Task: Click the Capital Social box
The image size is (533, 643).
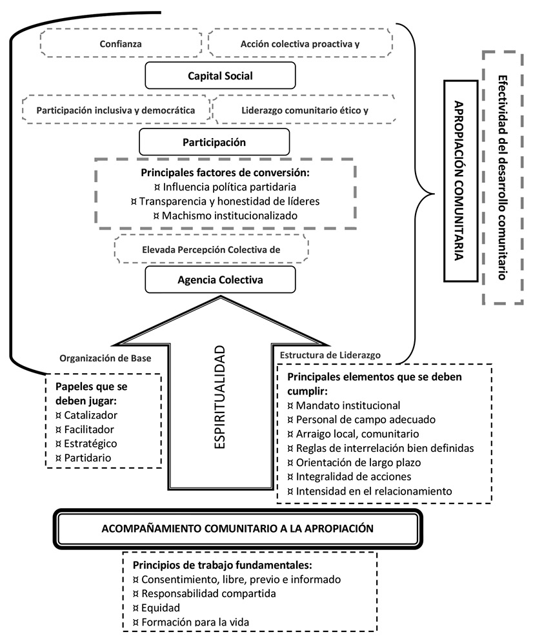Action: point(220,76)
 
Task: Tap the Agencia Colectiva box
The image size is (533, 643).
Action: point(220,280)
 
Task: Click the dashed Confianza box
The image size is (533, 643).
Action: point(121,44)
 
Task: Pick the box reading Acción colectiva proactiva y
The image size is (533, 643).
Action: point(299,44)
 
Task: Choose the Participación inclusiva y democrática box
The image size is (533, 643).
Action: point(116,110)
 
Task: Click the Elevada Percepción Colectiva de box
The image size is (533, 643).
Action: point(211,249)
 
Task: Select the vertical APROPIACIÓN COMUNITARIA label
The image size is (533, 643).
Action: point(460,180)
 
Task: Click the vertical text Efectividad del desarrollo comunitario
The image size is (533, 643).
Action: point(502,178)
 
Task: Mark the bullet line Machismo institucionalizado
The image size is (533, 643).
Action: point(225,216)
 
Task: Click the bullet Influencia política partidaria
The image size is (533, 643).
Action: point(225,187)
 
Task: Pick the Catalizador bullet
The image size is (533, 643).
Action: point(90,414)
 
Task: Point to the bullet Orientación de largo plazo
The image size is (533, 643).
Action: point(350,462)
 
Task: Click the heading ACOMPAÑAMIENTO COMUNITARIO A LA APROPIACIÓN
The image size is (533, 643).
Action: point(238,527)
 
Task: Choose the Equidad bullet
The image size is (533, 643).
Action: point(157,607)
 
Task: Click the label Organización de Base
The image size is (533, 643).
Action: point(105,359)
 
